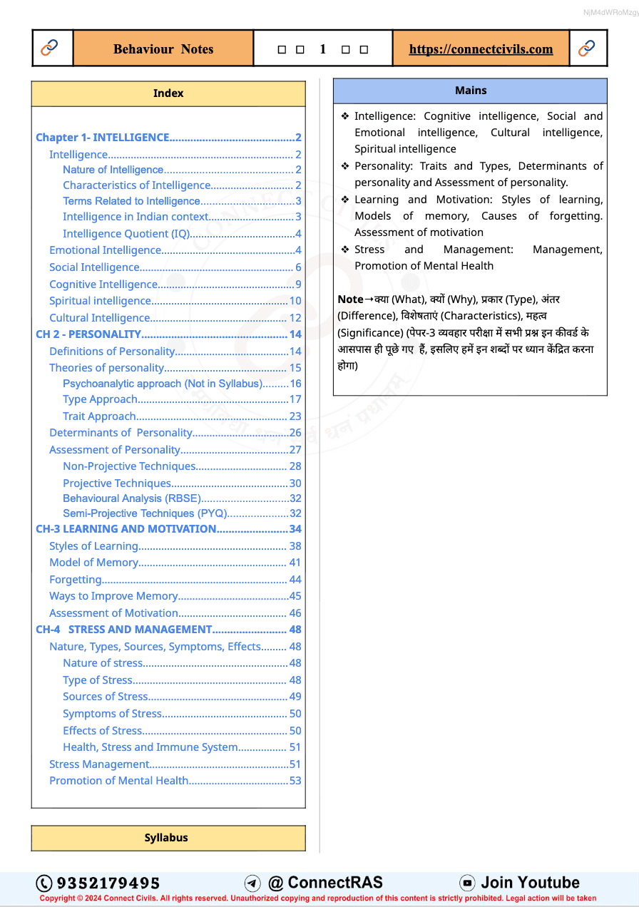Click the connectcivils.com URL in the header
coord(481,49)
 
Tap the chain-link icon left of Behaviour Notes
coord(50,48)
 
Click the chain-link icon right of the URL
coord(587,48)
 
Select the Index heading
coord(168,93)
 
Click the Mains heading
coord(471,91)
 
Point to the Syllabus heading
coord(166,838)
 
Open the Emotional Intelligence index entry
coord(106,250)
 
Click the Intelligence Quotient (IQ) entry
coord(126,234)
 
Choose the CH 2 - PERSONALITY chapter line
coord(88,334)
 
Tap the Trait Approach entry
coord(99,416)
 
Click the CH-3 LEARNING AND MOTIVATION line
coord(126,529)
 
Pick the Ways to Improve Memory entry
coord(113,596)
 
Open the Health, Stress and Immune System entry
coord(150,747)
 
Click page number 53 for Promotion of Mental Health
coord(295,781)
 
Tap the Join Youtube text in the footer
coord(530,883)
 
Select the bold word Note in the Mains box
coord(350,299)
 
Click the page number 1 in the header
coord(323,49)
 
